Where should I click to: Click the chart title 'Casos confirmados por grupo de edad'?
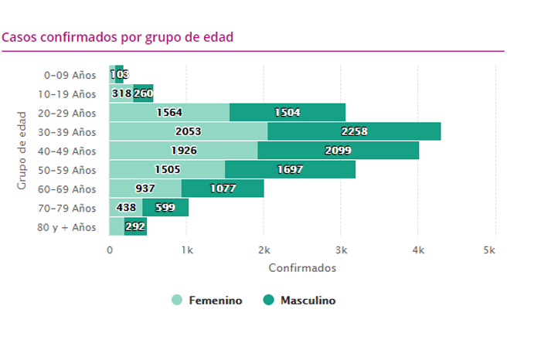pos(117,37)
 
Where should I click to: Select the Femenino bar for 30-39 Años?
pos(189,131)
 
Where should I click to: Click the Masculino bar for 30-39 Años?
pos(354,131)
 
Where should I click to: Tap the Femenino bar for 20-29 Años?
pos(169,112)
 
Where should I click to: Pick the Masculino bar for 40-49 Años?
pos(338,151)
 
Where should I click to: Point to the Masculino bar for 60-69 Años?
pos(223,188)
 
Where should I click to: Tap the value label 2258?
pos(354,131)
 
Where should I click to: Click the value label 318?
pos(121,93)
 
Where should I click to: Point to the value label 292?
pos(135,227)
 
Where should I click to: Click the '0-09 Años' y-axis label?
pos(70,75)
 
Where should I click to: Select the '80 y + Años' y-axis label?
pos(70,227)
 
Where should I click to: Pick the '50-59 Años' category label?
pos(70,170)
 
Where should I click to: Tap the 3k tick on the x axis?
pos(341,250)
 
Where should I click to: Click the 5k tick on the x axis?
pos(489,250)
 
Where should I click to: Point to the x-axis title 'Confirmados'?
pos(302,268)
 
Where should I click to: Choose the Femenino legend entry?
pos(206,301)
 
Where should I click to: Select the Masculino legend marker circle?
pos(269,301)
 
